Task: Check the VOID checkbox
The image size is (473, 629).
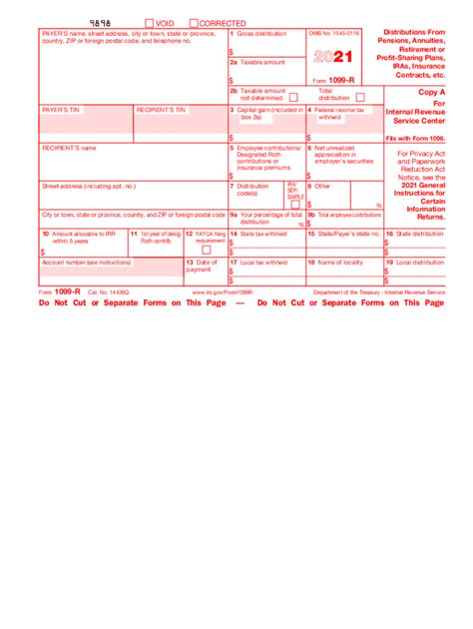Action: (x=149, y=22)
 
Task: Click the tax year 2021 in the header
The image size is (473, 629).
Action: (x=335, y=57)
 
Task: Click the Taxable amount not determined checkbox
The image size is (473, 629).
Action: (x=292, y=97)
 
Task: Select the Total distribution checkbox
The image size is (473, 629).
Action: (x=360, y=97)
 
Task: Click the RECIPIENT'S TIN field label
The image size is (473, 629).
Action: (x=161, y=108)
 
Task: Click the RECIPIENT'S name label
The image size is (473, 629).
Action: (x=69, y=147)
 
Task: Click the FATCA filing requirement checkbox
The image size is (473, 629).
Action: (x=207, y=250)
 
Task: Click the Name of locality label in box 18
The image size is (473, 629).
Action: (x=341, y=262)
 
